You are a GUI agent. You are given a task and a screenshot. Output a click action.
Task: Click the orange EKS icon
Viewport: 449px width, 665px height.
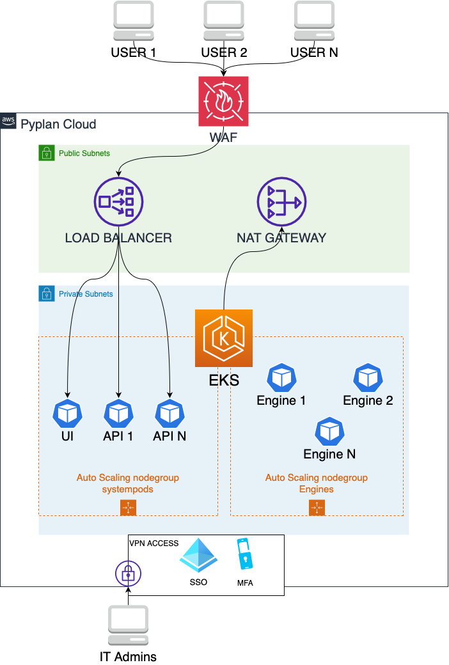(224, 338)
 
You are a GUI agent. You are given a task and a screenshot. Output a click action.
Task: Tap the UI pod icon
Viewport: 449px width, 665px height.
(67, 414)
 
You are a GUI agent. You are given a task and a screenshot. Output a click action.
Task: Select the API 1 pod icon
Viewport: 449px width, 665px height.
(118, 414)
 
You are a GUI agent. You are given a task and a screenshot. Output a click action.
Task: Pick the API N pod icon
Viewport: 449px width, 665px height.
(169, 414)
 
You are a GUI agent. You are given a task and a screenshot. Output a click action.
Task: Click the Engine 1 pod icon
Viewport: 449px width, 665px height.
(281, 379)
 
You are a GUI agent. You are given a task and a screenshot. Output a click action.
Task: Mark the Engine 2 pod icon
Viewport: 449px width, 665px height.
(368, 379)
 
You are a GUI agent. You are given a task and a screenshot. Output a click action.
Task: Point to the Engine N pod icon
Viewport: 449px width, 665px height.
(329, 432)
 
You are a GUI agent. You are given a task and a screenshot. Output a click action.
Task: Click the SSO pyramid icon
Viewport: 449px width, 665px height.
(198, 554)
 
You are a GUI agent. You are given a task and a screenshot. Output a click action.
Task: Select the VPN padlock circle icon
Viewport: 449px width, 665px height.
(128, 574)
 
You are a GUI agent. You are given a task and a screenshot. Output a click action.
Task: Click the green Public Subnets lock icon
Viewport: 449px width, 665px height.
(47, 153)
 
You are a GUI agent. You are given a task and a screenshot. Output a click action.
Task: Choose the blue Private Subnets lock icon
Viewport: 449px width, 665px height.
(47, 293)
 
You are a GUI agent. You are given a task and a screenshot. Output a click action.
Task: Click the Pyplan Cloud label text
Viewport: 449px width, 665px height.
(58, 123)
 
